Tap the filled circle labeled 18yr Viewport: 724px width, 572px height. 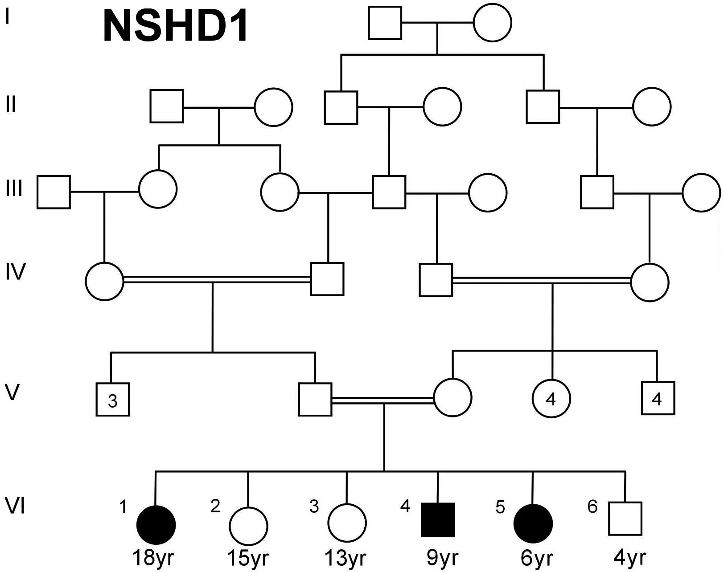[156, 525]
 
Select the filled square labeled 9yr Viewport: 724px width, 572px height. [438, 519]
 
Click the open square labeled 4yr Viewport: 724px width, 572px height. [625, 519]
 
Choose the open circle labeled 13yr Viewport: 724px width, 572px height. [347, 523]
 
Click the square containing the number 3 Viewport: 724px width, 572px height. [113, 400]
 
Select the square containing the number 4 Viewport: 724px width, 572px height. [658, 398]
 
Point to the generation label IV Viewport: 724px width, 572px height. [16, 272]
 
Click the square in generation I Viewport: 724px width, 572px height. [385, 23]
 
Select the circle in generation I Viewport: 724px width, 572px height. [492, 23]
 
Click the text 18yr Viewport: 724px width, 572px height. [153, 558]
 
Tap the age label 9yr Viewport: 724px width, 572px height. [442, 557]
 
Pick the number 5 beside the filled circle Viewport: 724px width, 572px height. [500, 507]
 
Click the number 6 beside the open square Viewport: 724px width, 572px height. [592, 507]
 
